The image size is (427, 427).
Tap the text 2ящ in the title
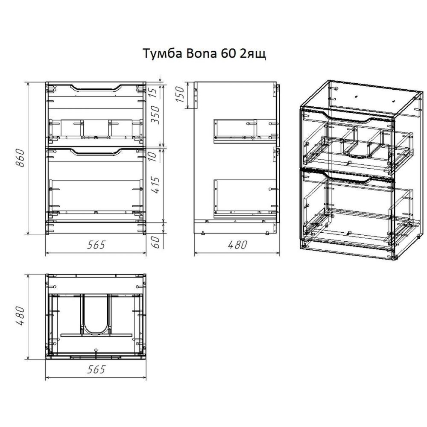(x=254, y=55)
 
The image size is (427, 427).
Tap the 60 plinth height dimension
(x=157, y=243)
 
